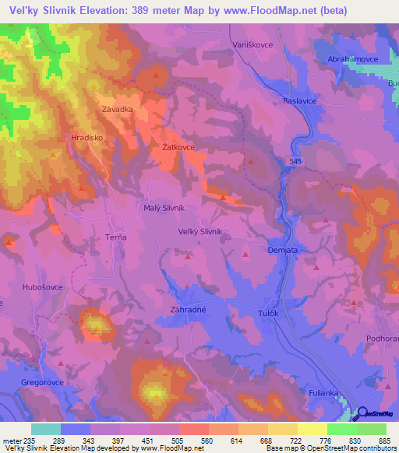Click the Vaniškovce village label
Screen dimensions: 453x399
(253, 46)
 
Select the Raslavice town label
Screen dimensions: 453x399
(302, 101)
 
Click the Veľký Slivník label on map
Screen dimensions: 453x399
(200, 231)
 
